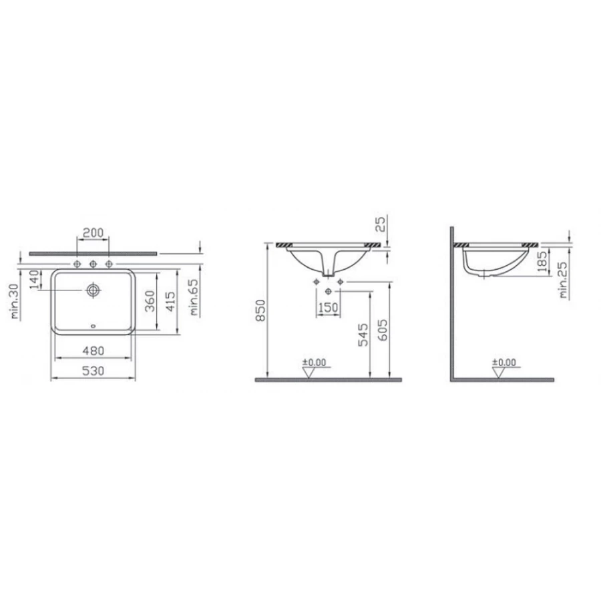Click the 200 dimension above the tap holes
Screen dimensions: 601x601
[x=93, y=232]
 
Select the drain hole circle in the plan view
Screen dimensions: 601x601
[x=93, y=290]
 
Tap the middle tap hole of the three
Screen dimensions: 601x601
[x=93, y=264]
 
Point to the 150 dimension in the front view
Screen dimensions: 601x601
[x=327, y=309]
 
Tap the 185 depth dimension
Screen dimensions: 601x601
[x=542, y=264]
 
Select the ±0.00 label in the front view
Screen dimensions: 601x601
[x=315, y=363]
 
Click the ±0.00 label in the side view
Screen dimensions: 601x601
[x=504, y=363]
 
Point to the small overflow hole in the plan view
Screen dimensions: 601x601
[x=93, y=327]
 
